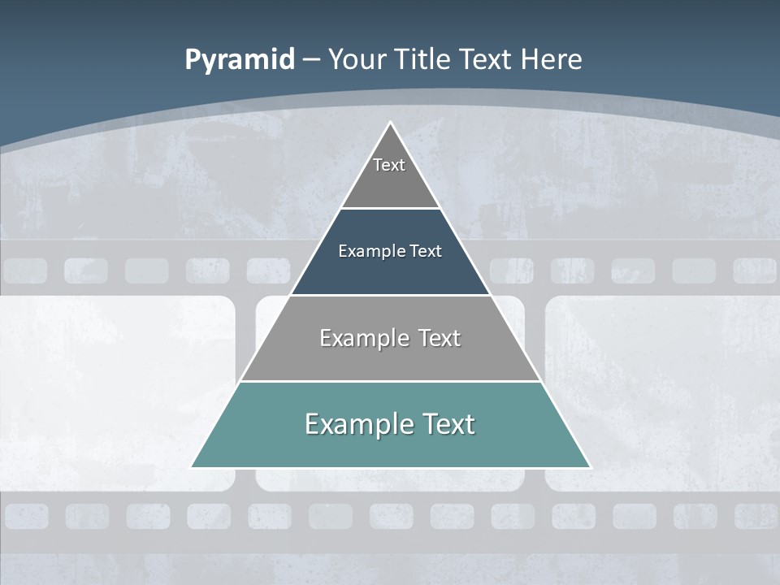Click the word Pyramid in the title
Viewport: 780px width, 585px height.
click(240, 60)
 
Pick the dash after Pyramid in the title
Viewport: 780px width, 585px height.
click(311, 60)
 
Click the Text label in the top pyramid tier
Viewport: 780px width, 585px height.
click(389, 165)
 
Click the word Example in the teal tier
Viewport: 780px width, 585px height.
click(357, 424)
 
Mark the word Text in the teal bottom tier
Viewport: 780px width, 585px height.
click(447, 424)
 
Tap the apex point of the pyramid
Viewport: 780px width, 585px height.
click(391, 123)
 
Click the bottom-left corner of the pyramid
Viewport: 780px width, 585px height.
click(192, 467)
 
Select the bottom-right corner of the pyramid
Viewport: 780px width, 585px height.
click(590, 467)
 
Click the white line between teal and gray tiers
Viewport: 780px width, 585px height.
click(391, 381)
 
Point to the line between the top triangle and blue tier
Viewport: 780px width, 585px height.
click(391, 208)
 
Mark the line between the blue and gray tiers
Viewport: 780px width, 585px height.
click(391, 295)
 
